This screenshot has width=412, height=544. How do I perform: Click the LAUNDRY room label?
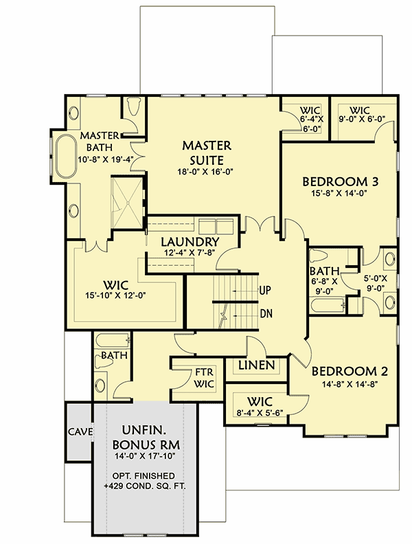point(190,242)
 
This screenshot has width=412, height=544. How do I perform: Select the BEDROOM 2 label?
point(350,372)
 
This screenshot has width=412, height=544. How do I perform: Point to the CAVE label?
point(80,432)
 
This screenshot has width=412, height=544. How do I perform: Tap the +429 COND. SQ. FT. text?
point(145,487)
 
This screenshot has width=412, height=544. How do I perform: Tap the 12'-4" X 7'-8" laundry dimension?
point(190,254)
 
